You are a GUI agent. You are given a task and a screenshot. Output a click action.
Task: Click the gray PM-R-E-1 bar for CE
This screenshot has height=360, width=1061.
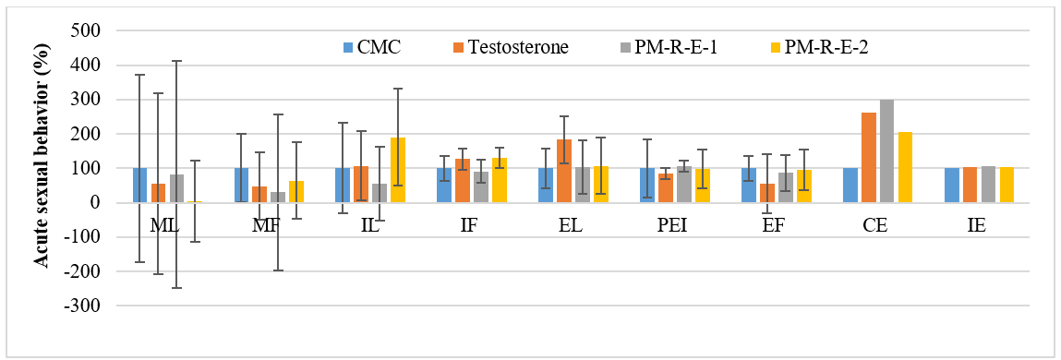click(x=886, y=150)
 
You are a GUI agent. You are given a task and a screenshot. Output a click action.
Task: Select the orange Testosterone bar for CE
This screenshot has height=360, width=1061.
click(x=868, y=158)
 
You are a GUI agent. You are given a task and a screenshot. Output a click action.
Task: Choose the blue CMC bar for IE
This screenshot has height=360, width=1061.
click(x=951, y=186)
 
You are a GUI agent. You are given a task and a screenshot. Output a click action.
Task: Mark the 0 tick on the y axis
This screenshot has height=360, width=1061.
click(x=95, y=202)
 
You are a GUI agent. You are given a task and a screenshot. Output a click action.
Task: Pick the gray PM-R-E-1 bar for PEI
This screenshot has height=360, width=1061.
click(x=683, y=184)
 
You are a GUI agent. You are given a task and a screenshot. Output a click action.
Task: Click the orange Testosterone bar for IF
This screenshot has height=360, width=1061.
click(x=462, y=181)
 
